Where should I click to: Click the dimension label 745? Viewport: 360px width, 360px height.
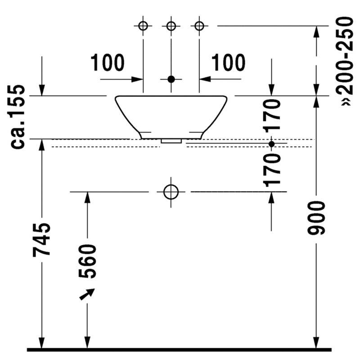tap(41, 239)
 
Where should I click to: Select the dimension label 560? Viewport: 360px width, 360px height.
tap(87, 261)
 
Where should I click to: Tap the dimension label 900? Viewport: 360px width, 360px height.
tap(316, 218)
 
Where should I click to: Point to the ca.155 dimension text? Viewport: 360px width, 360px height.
tap(18, 117)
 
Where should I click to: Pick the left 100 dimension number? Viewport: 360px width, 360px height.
tap(108, 63)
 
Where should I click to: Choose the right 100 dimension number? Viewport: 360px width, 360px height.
tap(228, 63)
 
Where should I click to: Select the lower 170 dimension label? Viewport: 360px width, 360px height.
tap(272, 171)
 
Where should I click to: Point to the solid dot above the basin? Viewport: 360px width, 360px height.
tap(171, 79)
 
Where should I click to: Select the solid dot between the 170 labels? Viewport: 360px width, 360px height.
tap(272, 144)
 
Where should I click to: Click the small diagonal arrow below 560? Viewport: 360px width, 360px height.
tap(87, 294)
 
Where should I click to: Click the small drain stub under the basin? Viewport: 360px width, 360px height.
tap(171, 141)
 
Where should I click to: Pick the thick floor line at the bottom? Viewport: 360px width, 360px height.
tap(179, 350)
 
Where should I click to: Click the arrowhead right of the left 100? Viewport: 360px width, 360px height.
tap(137, 80)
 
